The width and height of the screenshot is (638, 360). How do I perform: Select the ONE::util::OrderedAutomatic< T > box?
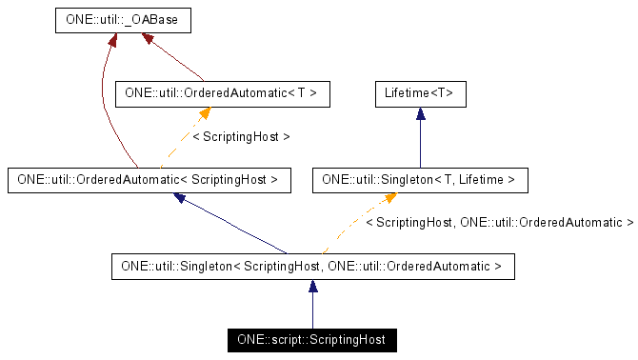click(222, 93)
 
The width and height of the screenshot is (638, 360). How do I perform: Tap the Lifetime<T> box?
click(419, 93)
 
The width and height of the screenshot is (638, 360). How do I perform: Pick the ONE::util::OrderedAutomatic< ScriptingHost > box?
click(148, 178)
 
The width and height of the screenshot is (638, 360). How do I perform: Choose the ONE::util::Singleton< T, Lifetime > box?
click(419, 178)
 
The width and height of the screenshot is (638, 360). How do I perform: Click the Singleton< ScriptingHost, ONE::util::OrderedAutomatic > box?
click(312, 266)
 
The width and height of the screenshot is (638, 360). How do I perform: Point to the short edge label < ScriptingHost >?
click(240, 136)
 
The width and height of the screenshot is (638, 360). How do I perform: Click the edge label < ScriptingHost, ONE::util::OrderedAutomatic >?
click(499, 223)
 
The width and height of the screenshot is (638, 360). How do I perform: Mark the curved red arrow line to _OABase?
click(103, 105)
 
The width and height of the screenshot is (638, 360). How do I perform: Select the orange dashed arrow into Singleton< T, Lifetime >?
click(357, 223)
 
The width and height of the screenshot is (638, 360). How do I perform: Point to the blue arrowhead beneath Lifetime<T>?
click(419, 113)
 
